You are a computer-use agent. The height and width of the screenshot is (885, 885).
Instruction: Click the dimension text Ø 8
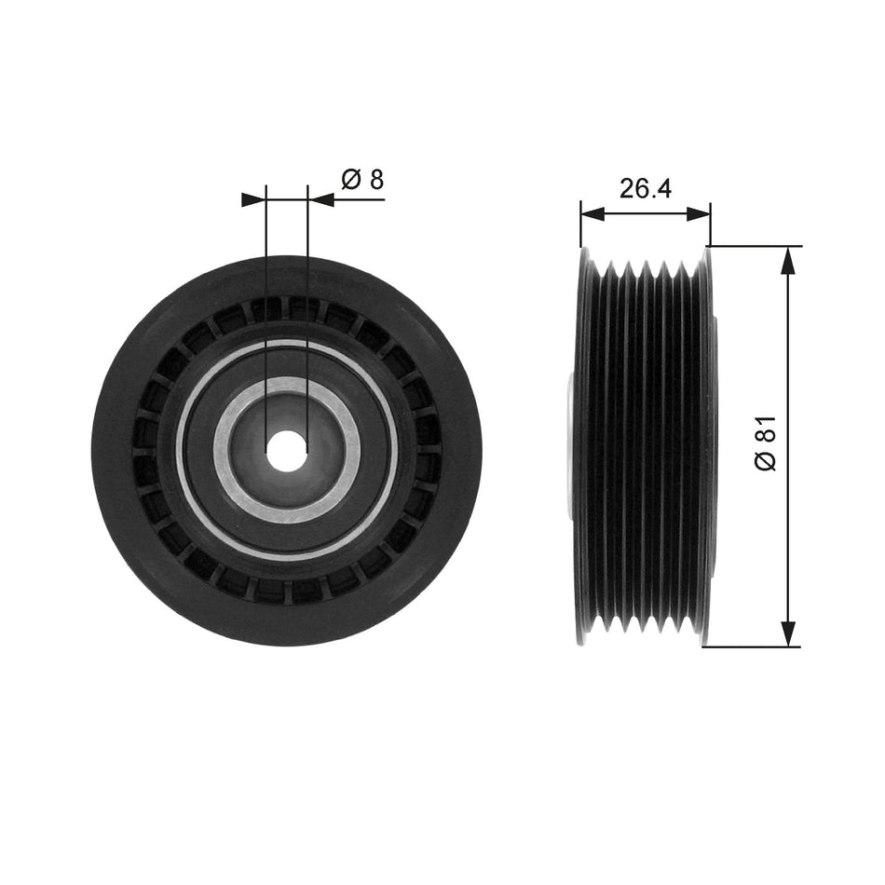362,179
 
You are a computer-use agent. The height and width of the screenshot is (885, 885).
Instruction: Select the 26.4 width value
646,188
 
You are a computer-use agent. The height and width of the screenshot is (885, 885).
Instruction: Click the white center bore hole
287,449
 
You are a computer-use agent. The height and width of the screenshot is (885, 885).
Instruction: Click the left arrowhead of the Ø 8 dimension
254,199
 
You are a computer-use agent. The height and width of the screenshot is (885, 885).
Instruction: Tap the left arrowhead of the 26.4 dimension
592,213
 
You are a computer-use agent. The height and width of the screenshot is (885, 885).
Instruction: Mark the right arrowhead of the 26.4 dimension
700,213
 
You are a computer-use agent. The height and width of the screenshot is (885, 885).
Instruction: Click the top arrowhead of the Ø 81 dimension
789,260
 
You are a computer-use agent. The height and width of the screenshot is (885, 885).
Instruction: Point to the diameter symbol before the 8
351,179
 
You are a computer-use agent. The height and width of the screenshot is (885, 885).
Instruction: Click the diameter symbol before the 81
766,460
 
